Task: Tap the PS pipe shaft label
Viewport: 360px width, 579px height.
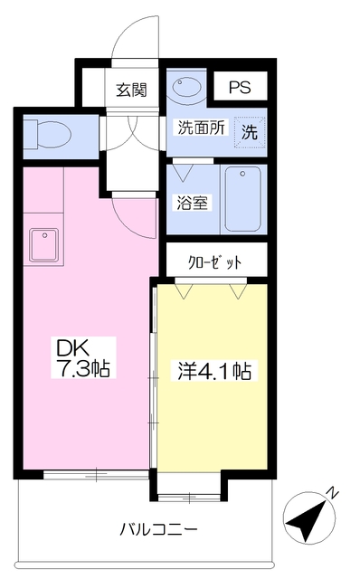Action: tap(239, 88)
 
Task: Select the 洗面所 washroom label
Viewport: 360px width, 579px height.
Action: tap(198, 128)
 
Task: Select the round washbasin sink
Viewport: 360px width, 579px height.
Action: tap(187, 89)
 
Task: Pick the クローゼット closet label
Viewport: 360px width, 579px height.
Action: tap(215, 261)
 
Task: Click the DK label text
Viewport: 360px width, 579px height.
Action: tap(74, 348)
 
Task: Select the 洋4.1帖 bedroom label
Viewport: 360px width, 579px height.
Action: tap(213, 371)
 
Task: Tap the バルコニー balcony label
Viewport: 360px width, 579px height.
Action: tap(158, 528)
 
